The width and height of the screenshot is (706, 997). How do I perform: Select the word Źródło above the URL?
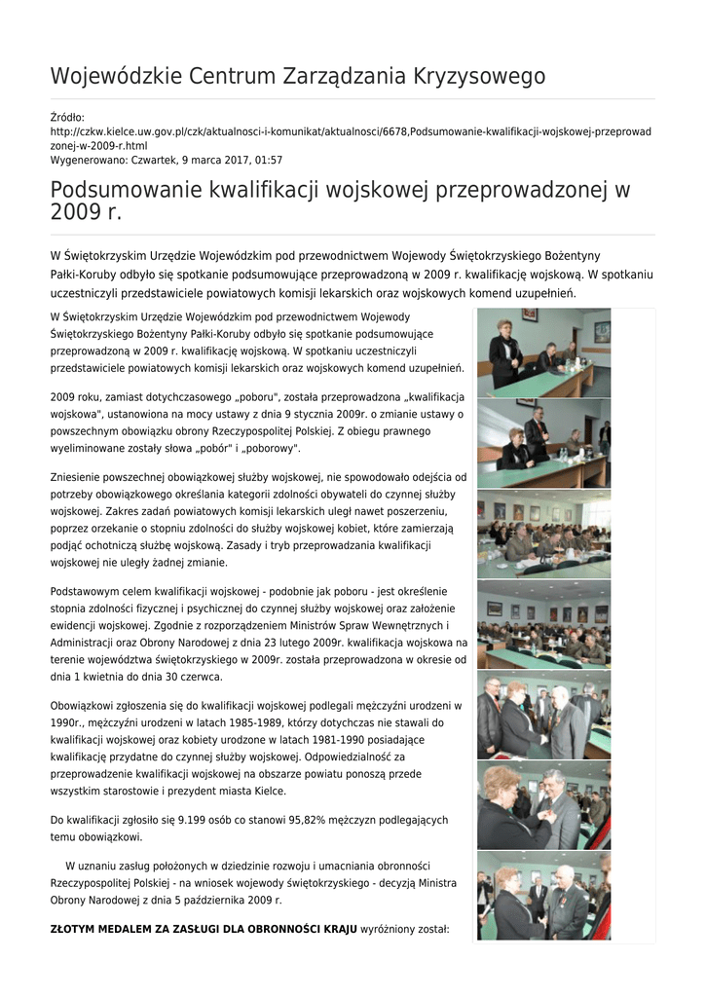(x=67, y=117)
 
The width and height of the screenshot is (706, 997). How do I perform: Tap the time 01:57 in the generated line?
(x=267, y=160)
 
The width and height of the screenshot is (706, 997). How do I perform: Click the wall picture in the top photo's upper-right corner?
(x=602, y=330)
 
